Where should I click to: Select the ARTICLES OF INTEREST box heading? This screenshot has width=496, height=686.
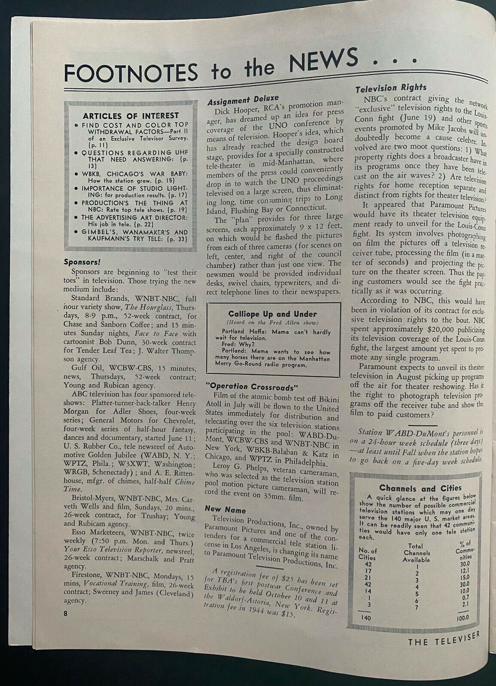tap(131, 116)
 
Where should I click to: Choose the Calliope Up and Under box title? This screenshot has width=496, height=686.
tap(272, 314)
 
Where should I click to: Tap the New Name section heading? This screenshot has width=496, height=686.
tap(225, 510)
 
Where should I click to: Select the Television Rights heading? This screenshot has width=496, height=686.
tap(391, 88)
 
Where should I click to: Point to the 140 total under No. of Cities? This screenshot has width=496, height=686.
tap(366, 618)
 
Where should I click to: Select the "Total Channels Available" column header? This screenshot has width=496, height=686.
tap(416, 553)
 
